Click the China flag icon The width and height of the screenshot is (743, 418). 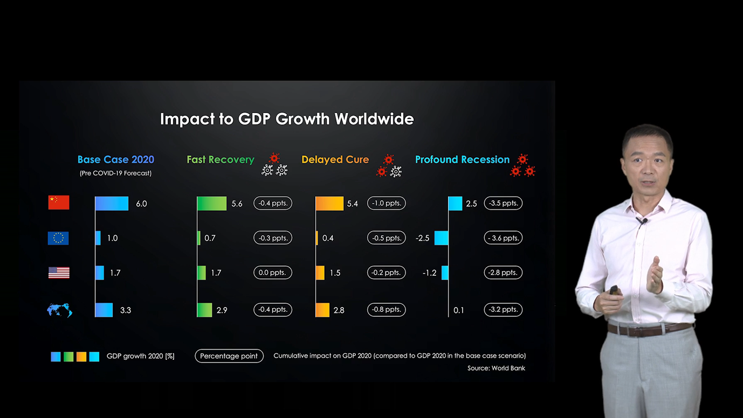coord(59,203)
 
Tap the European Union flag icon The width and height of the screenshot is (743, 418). coord(58,238)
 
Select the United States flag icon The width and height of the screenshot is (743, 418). coord(59,273)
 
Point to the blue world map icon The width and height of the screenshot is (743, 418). coord(59,310)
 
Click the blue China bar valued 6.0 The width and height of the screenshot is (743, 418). coord(112,203)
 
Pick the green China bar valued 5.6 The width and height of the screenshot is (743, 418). coord(212,203)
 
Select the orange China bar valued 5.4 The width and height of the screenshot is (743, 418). coord(329,203)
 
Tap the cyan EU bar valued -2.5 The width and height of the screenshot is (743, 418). coord(442,238)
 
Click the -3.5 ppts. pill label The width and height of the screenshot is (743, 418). coord(503,203)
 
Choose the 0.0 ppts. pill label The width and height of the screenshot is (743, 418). coord(273,273)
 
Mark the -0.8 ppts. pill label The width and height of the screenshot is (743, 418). coord(387,310)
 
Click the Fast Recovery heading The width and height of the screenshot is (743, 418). coord(221,159)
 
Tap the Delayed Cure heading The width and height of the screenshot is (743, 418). coord(335,159)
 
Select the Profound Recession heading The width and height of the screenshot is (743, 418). coord(462,159)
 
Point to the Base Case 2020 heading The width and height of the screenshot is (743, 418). coord(116,159)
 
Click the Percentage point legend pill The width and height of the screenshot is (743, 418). coord(229,356)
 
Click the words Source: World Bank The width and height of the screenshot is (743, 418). coord(496,368)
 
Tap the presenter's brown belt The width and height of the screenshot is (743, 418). coord(649,328)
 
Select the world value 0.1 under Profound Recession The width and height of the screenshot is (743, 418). coord(459,310)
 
